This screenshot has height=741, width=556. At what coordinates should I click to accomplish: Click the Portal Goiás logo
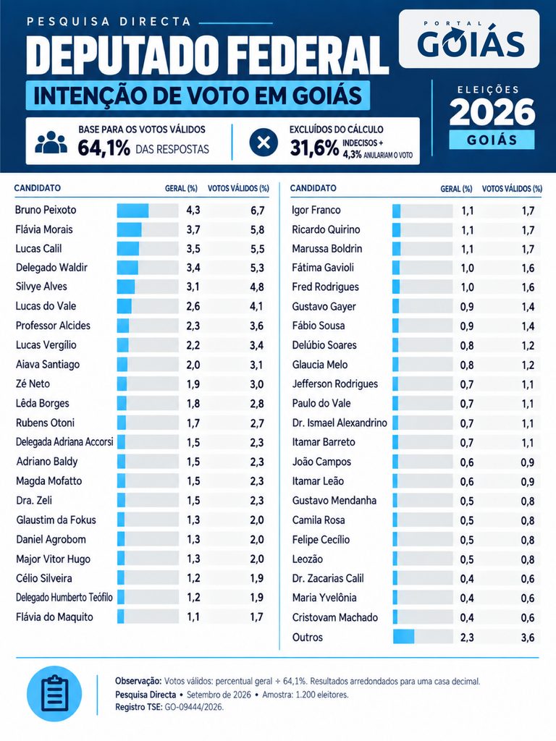(469, 39)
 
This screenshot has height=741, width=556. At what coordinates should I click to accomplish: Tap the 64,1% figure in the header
(104, 148)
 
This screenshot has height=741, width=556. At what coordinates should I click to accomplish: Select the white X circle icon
(264, 142)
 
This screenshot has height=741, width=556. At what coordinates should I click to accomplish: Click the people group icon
(51, 143)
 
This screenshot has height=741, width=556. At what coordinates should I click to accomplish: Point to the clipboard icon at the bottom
(54, 694)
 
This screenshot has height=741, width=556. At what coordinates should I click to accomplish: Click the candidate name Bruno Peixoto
(46, 210)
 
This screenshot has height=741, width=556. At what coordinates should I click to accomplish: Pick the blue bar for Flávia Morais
(129, 229)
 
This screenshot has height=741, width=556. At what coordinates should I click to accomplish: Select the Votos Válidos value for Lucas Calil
(257, 249)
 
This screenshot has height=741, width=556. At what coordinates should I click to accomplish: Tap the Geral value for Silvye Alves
(193, 287)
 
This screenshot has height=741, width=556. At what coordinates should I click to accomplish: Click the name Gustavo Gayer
(324, 307)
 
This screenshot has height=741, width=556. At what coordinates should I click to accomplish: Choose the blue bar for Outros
(403, 637)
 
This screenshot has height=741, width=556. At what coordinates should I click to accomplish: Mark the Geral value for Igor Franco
(468, 211)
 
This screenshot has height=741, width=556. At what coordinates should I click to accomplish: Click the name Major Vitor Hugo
(53, 559)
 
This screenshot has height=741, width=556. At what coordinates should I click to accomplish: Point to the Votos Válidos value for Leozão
(528, 559)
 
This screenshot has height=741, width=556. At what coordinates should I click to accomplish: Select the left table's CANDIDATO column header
(38, 188)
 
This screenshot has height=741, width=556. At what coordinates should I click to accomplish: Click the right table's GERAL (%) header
(456, 189)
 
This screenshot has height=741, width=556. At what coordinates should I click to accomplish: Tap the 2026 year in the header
(492, 112)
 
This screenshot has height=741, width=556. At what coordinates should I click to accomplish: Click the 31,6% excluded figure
(314, 148)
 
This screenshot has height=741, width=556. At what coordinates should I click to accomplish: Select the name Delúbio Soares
(324, 345)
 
